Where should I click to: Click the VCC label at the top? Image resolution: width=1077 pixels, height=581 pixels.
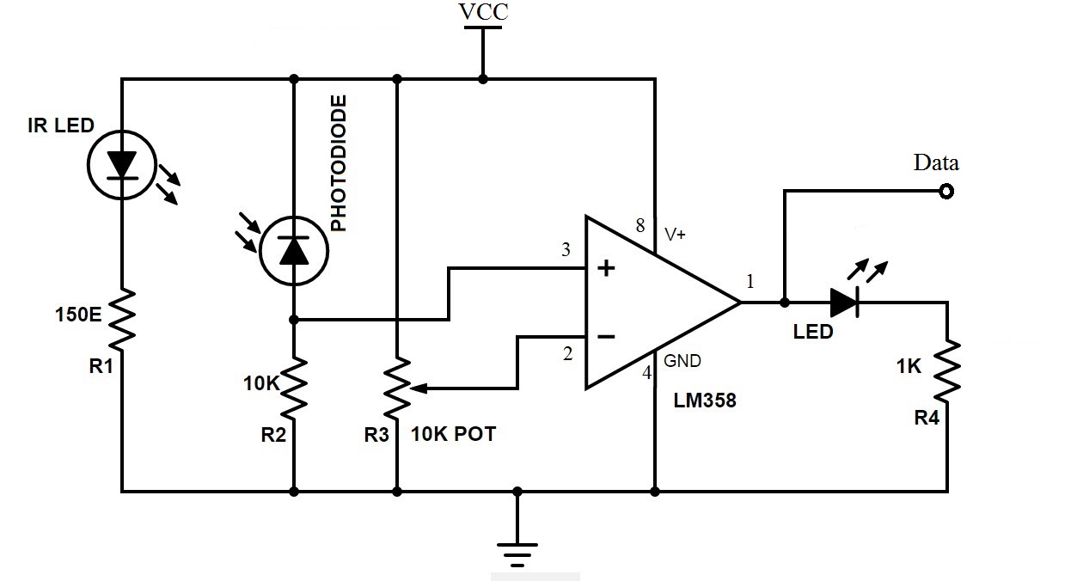click(482, 12)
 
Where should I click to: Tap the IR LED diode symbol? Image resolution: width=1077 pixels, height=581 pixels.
click(122, 163)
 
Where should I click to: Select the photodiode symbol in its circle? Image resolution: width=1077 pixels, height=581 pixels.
click(294, 249)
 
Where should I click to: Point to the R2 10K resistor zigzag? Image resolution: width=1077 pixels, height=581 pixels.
click(294, 387)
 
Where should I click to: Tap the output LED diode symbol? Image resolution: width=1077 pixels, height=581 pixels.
click(845, 303)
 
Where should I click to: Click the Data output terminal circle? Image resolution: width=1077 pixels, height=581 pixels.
click(947, 192)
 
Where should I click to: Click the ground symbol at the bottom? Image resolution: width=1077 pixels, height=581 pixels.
click(517, 550)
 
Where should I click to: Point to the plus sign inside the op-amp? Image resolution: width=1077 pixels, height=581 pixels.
click(606, 269)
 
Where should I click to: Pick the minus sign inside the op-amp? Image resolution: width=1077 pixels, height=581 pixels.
click(606, 337)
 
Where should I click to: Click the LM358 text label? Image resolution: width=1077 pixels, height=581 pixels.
click(705, 400)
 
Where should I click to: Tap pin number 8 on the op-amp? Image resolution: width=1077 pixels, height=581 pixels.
click(639, 226)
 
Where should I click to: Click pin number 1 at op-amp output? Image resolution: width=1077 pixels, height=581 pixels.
click(750, 281)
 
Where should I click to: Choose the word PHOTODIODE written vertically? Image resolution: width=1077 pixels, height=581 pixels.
click(339, 163)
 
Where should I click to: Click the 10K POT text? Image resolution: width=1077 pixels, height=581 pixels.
click(454, 435)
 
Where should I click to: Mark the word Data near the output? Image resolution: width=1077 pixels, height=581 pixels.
click(936, 162)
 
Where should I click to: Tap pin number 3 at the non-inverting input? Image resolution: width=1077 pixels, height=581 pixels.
click(566, 250)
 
